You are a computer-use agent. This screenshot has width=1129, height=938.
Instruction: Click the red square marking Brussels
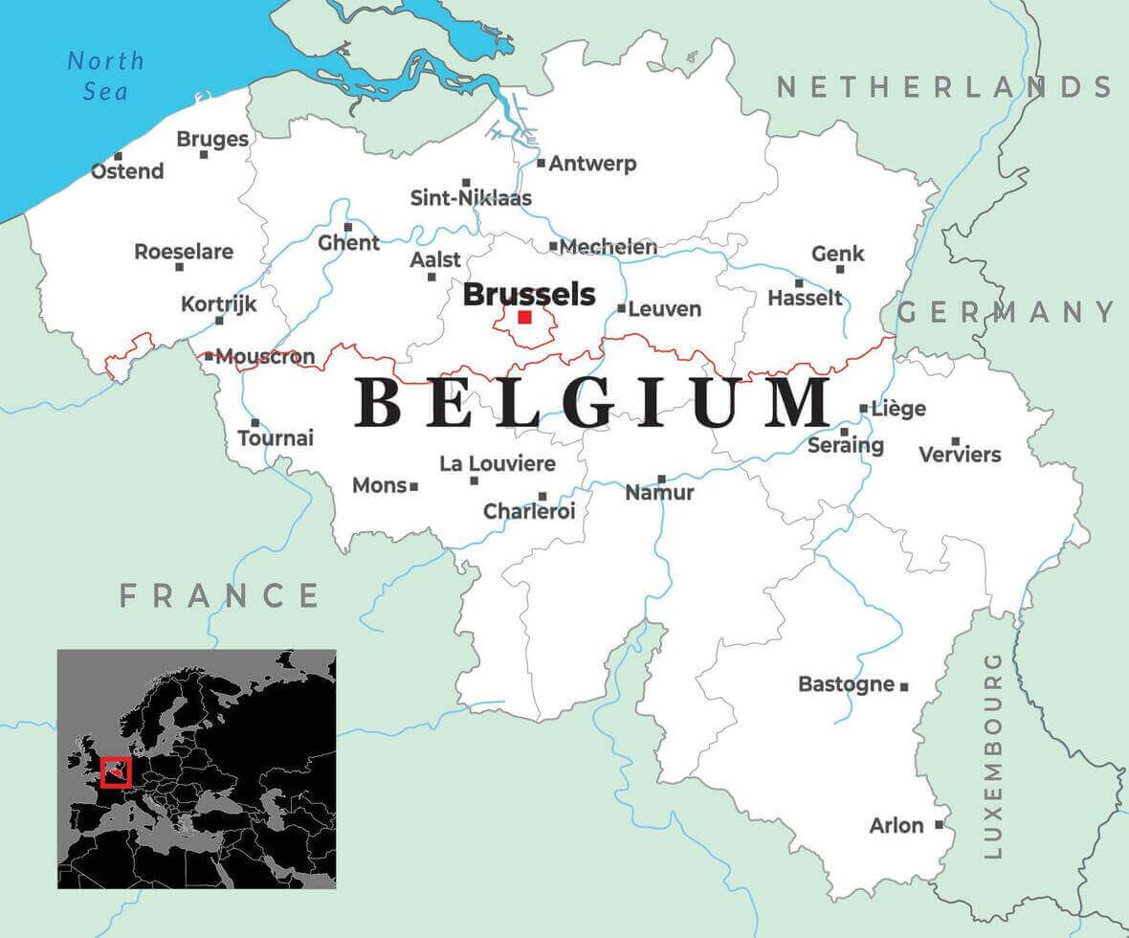(x=524, y=317)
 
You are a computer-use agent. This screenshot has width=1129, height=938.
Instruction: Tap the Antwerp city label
(x=592, y=164)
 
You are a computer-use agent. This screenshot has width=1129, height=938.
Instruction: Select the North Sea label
(x=105, y=76)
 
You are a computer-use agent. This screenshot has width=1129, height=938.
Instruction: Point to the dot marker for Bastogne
(x=904, y=686)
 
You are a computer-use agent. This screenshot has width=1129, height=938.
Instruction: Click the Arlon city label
(x=897, y=825)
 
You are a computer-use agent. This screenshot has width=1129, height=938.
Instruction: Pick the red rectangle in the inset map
(x=116, y=771)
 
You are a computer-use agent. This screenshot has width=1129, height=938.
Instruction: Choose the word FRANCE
(x=219, y=595)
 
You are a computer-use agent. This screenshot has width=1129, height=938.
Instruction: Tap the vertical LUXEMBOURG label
(x=992, y=755)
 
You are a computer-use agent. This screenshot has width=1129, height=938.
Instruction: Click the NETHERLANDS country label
(x=943, y=88)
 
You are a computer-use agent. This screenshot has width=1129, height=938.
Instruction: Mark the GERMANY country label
(x=1007, y=312)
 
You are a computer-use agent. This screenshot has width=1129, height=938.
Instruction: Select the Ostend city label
(x=127, y=172)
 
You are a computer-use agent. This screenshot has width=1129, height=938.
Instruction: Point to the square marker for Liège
(x=864, y=408)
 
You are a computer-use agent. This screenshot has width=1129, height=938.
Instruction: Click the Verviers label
(x=960, y=455)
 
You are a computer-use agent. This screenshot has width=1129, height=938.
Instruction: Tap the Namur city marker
(x=661, y=479)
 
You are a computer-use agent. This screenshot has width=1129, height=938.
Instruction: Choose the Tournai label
(x=276, y=439)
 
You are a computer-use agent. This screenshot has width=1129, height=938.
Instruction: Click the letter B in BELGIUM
(x=380, y=403)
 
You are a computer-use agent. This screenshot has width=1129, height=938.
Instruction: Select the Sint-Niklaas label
(x=471, y=199)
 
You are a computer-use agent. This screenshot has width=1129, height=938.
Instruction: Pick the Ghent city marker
(x=348, y=227)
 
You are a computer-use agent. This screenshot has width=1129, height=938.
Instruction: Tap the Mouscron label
(x=265, y=358)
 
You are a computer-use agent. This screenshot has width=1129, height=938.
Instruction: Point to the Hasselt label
(x=806, y=299)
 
